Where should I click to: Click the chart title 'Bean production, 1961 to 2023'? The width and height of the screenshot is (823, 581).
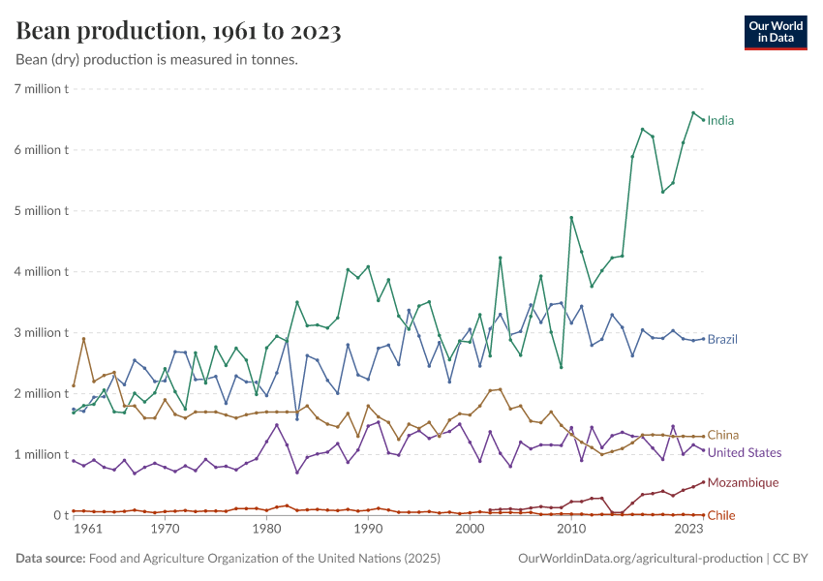click(178, 31)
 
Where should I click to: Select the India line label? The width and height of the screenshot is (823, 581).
click(720, 121)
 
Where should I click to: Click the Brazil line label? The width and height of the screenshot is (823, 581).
click(723, 340)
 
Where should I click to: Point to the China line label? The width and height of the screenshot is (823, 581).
click(723, 436)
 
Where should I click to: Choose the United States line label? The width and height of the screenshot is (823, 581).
click(744, 453)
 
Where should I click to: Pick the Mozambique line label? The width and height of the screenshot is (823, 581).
click(743, 482)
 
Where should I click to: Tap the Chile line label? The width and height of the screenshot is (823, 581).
click(721, 516)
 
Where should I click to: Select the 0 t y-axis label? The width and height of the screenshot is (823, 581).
click(57, 515)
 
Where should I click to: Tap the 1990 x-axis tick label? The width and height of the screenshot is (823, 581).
click(367, 531)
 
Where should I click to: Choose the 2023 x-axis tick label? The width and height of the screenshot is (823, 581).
click(688, 531)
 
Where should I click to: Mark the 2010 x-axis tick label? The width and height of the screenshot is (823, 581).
click(571, 531)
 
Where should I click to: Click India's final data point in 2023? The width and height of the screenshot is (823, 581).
click(703, 119)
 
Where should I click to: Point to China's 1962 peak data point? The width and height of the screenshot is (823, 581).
click(83, 339)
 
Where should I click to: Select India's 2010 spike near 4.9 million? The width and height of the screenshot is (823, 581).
click(571, 218)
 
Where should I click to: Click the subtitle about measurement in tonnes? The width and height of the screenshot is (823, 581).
click(157, 60)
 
